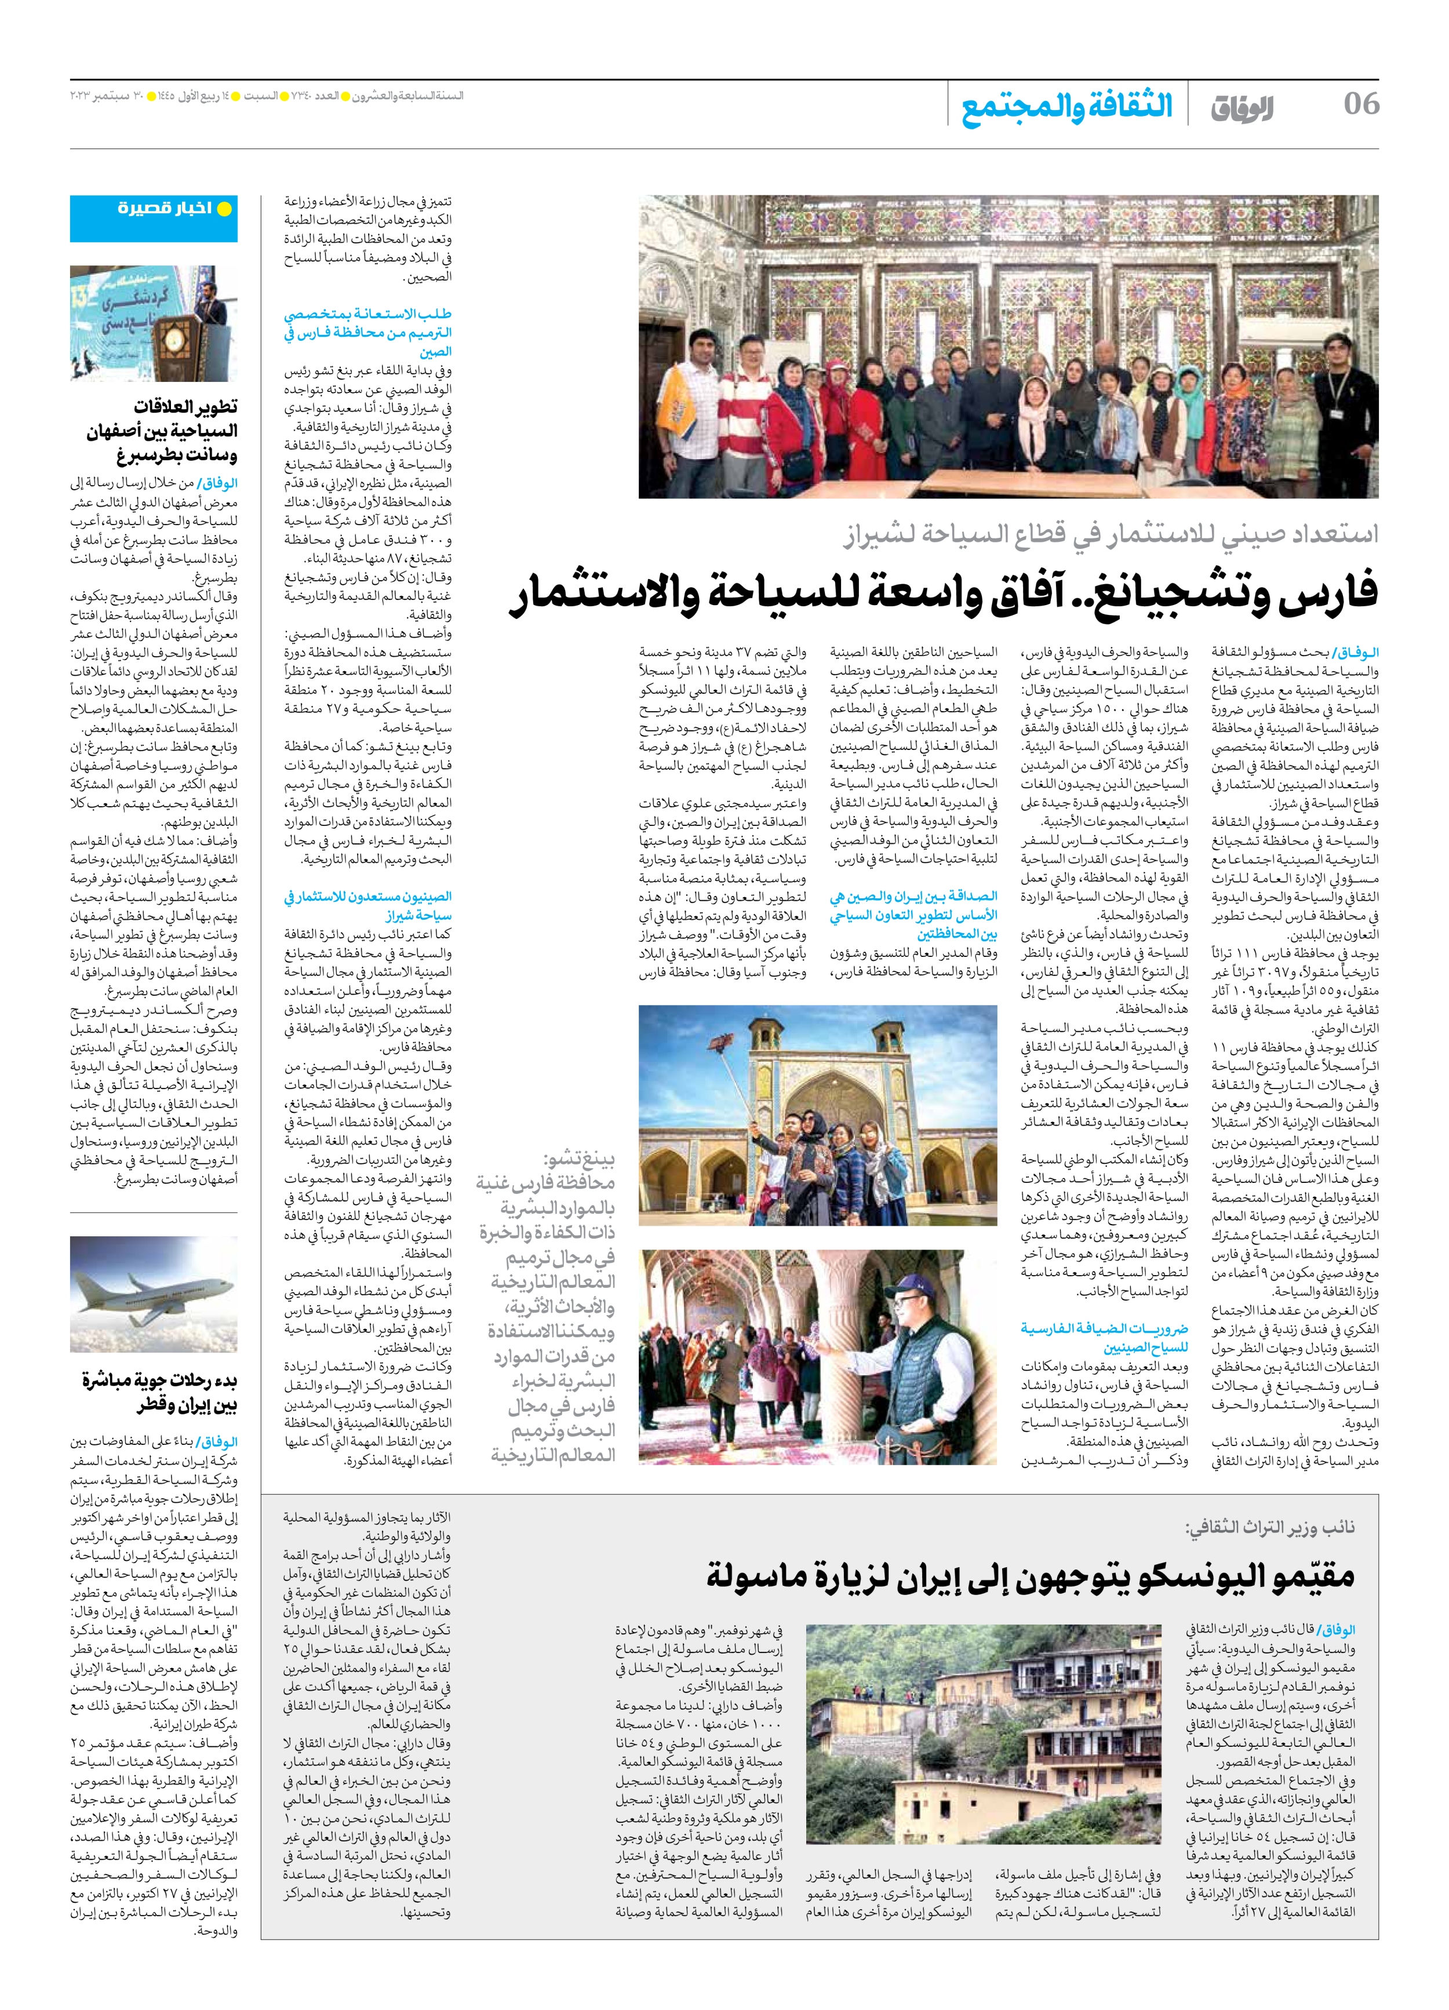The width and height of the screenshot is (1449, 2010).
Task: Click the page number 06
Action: click(1360, 104)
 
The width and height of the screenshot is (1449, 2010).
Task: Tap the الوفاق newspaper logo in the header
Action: click(1241, 107)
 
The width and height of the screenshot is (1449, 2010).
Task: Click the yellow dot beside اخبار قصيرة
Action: click(224, 209)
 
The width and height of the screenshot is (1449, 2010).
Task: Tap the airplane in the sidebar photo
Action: click(151, 1291)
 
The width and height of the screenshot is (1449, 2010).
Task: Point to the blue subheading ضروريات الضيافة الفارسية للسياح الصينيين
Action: click(1104, 1337)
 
